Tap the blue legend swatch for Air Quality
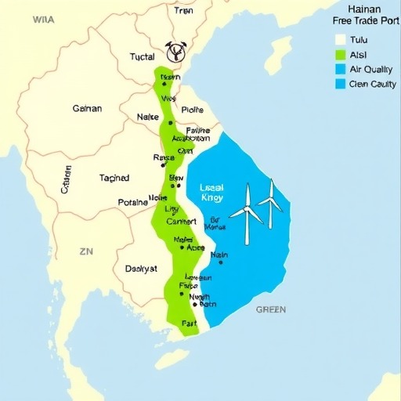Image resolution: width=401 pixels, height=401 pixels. [x=340, y=69]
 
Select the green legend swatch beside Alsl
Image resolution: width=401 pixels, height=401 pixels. [x=340, y=55]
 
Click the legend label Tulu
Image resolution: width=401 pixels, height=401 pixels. [x=359, y=40]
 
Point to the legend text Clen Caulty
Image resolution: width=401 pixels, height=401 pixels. [x=373, y=84]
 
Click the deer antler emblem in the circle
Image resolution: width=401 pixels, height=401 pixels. [x=176, y=52]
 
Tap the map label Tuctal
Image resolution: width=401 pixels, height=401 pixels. [x=143, y=57]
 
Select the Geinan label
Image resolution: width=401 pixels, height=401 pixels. [x=86, y=109]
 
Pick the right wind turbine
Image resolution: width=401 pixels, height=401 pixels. [x=270, y=200]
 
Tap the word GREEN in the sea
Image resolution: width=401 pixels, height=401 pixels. [x=271, y=309]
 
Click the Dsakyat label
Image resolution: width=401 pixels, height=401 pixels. [x=141, y=268]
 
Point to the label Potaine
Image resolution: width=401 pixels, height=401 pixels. [x=132, y=202]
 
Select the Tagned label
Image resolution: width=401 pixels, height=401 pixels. [x=114, y=178]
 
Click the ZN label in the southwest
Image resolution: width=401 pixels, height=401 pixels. [x=86, y=252]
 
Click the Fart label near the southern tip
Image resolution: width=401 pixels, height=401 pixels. [x=190, y=323]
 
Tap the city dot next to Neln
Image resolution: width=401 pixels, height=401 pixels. [x=221, y=262]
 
